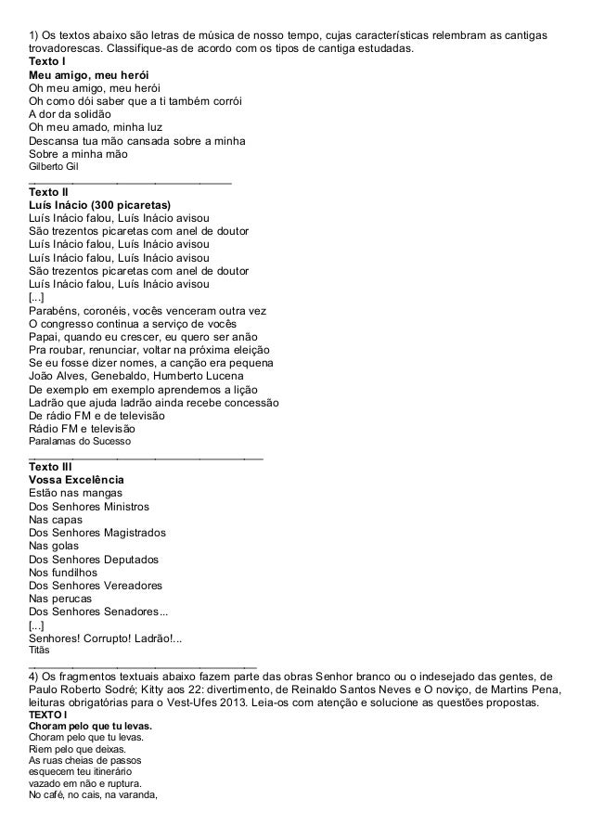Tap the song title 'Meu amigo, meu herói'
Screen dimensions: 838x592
(89, 74)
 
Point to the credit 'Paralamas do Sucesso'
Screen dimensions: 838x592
(80, 443)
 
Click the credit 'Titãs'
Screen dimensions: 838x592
(40, 651)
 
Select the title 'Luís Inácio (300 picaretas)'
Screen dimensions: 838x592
(107, 205)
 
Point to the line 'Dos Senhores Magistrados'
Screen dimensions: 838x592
(97, 534)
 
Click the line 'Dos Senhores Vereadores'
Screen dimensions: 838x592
(95, 586)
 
